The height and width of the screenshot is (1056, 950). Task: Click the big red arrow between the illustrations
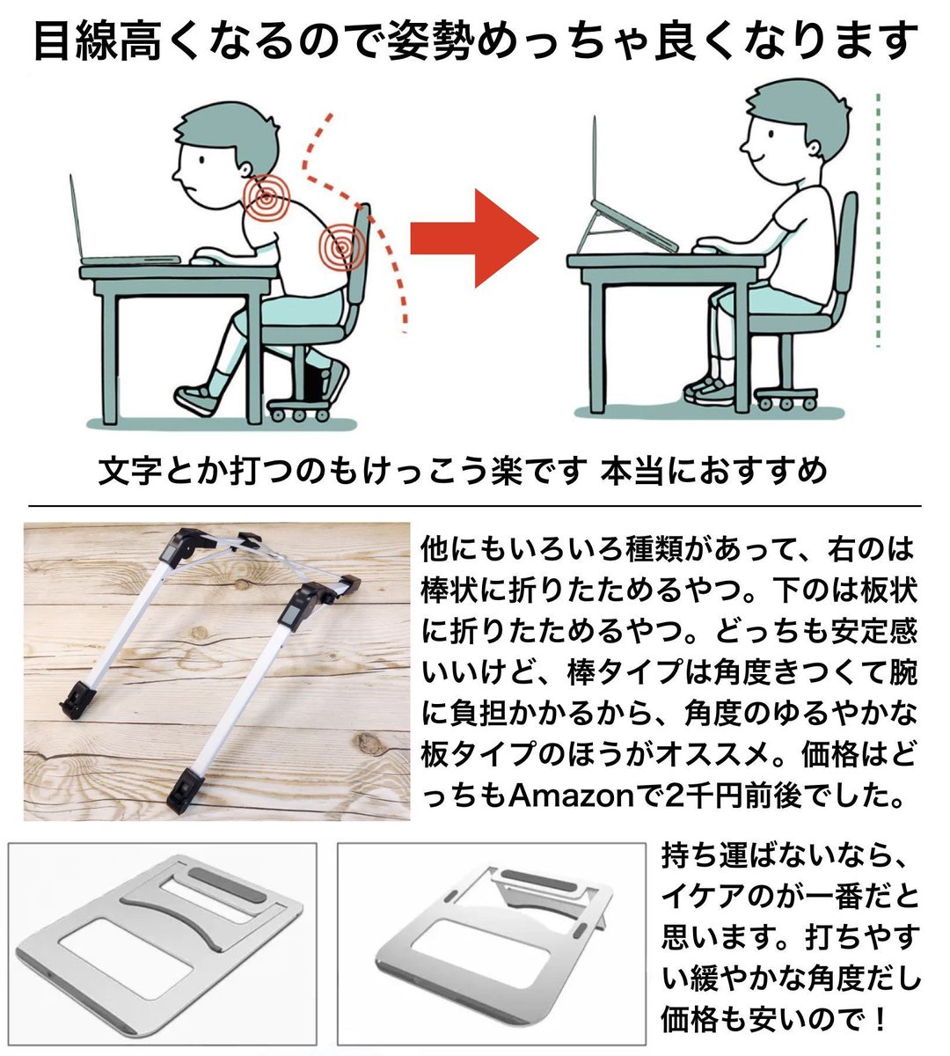pyautogui.click(x=474, y=238)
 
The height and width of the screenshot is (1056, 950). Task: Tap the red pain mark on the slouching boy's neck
pyautogui.click(x=267, y=197)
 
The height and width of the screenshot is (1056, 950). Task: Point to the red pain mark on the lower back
pyautogui.click(x=342, y=246)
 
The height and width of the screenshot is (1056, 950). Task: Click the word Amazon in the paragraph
pyautogui.click(x=572, y=796)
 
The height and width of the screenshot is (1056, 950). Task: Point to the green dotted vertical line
pyautogui.click(x=878, y=220)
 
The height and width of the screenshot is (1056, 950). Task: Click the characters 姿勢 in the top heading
pyautogui.click(x=430, y=40)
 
